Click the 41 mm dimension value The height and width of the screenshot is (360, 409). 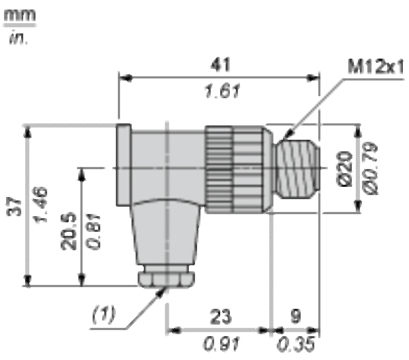pyautogui.click(x=220, y=65)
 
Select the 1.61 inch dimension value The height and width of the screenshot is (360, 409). pyautogui.click(x=222, y=91)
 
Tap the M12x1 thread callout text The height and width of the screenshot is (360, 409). pyautogui.click(x=376, y=67)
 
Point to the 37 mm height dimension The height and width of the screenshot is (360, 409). pyautogui.click(x=14, y=207)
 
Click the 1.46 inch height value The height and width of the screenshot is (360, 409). pyautogui.click(x=41, y=205)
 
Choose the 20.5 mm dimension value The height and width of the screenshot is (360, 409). pyautogui.click(x=69, y=231)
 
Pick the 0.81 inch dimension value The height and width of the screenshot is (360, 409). pyautogui.click(x=93, y=232)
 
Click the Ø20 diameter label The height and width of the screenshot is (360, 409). pyautogui.click(x=345, y=169)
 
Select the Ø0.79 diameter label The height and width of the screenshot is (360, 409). pyautogui.click(x=370, y=168)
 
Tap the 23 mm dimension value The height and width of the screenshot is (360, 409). pyautogui.click(x=220, y=316)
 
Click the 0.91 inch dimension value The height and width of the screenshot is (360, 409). pyautogui.click(x=221, y=344)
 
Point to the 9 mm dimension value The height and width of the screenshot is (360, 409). pyautogui.click(x=296, y=316)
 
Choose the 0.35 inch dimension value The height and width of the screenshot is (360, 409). pyautogui.click(x=296, y=344)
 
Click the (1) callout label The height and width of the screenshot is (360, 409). pyautogui.click(x=104, y=314)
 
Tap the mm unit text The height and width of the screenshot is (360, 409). pyautogui.click(x=20, y=15)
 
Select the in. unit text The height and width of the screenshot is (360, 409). pyautogui.click(x=18, y=38)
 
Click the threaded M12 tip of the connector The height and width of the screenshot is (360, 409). pyautogui.click(x=297, y=168)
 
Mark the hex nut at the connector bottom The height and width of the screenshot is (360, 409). pyautogui.click(x=166, y=280)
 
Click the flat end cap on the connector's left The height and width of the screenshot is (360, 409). pyautogui.click(x=123, y=165)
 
